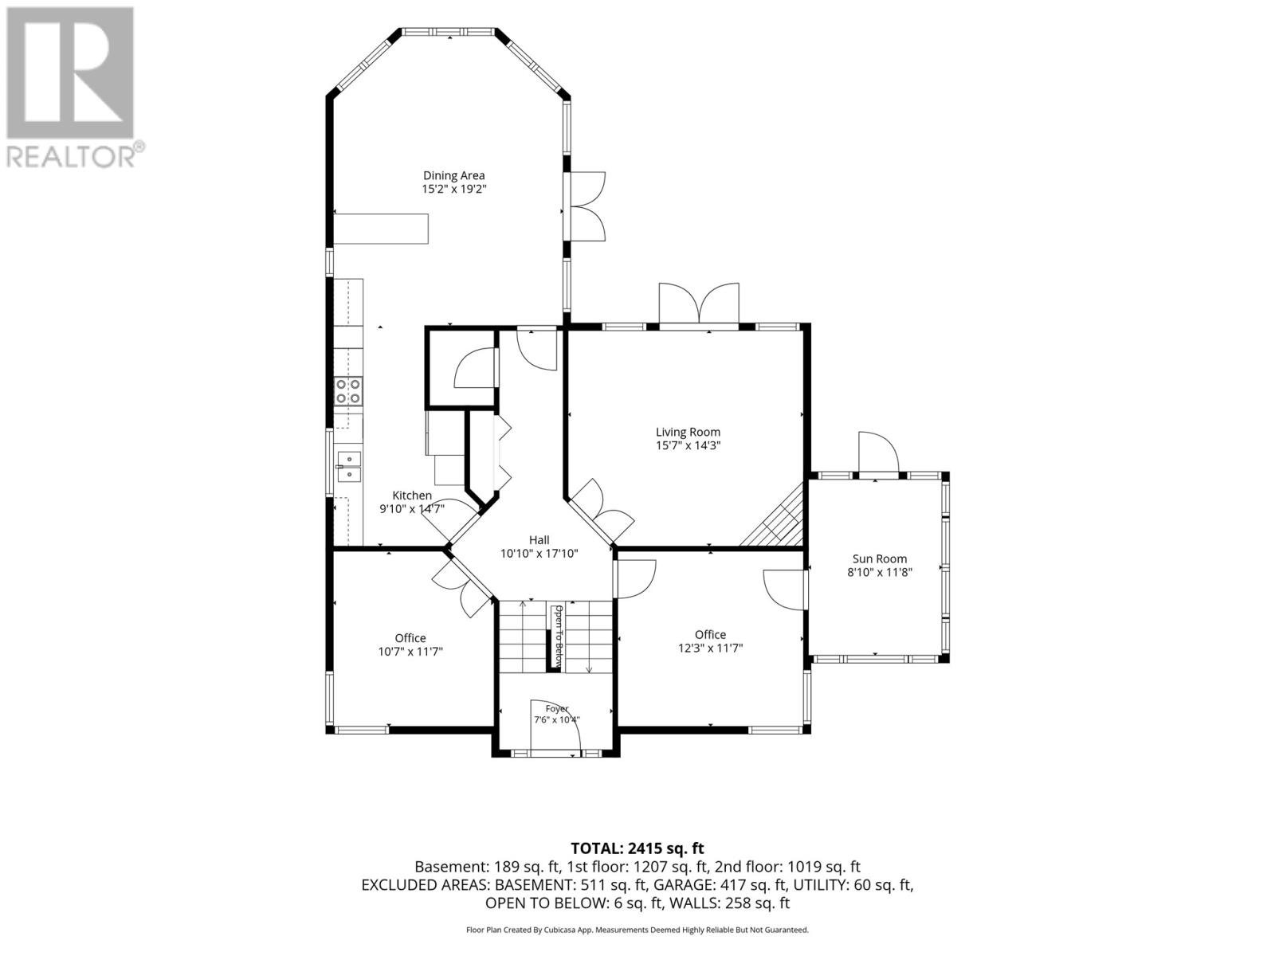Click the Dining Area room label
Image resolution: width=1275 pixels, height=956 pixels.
pyautogui.click(x=453, y=175)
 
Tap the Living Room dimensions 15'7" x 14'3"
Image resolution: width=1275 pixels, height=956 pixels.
pyautogui.click(x=688, y=446)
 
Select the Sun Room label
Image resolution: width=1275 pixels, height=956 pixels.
pyautogui.click(x=880, y=558)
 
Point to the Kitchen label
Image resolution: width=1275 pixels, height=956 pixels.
pyautogui.click(x=412, y=495)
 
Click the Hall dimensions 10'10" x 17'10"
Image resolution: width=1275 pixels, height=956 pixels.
pyautogui.click(x=539, y=554)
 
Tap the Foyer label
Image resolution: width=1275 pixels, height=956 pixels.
pyautogui.click(x=556, y=709)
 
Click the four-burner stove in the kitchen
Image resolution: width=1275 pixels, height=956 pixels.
pyautogui.click(x=348, y=390)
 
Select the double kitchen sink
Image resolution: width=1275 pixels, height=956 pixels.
pyautogui.click(x=348, y=467)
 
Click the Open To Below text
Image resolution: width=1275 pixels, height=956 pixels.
pyautogui.click(x=559, y=636)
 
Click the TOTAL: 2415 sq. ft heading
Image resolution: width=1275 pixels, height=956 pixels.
pyautogui.click(x=637, y=848)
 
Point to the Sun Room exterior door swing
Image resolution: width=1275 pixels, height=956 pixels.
pyautogui.click(x=878, y=453)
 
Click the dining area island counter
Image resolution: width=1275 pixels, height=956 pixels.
pyautogui.click(x=380, y=229)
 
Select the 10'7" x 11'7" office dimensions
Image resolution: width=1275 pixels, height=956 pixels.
pyautogui.click(x=410, y=651)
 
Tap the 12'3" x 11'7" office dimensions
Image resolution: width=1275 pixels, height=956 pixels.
pyautogui.click(x=710, y=648)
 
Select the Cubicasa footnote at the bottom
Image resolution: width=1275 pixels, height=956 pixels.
pyautogui.click(x=637, y=930)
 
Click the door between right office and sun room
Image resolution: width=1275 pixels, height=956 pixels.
pyautogui.click(x=784, y=590)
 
